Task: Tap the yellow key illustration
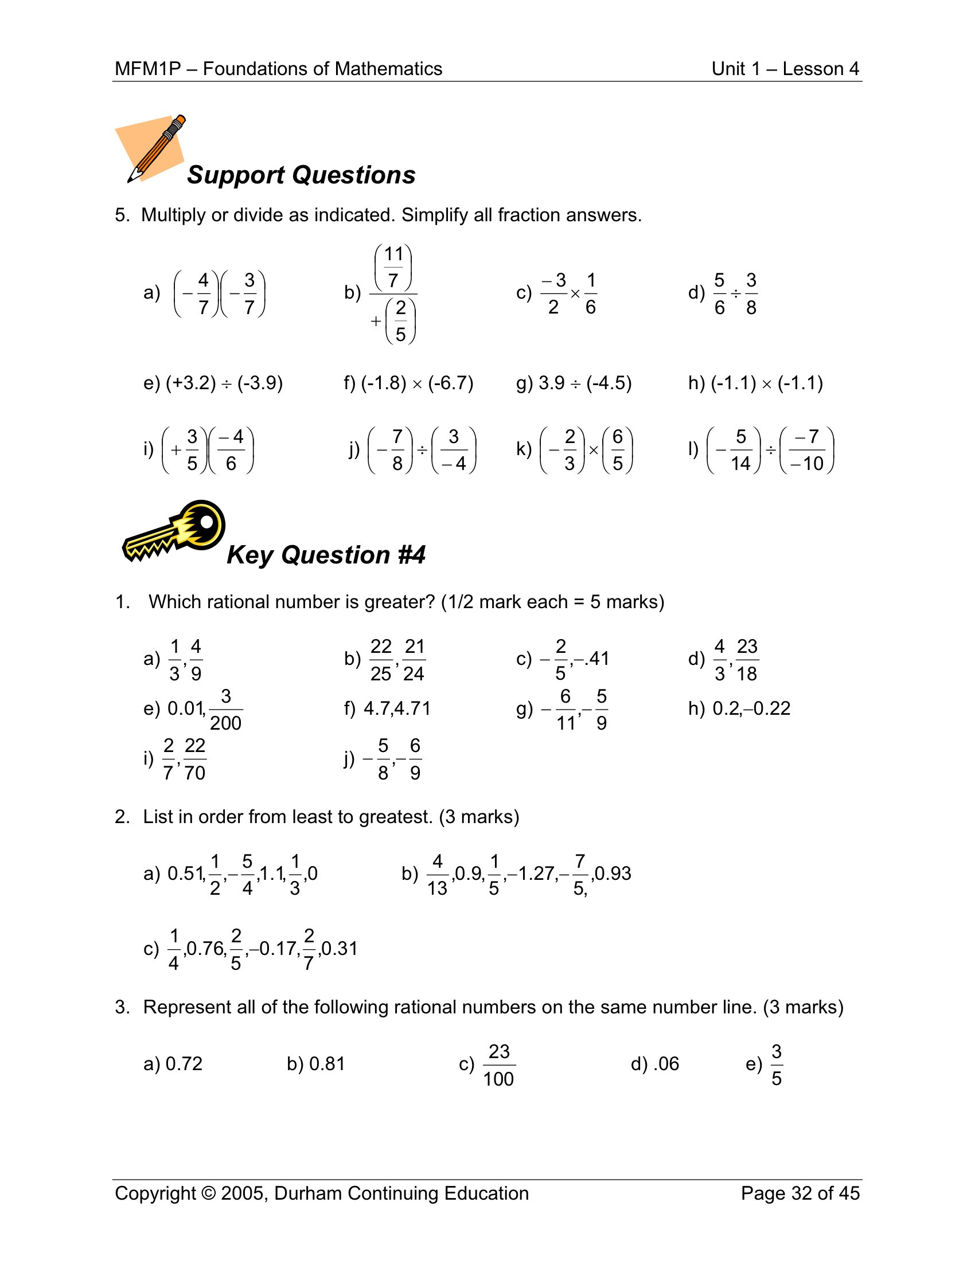174,531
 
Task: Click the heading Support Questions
301,175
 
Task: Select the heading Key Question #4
326,555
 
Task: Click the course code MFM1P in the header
148,69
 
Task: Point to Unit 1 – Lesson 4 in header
785,69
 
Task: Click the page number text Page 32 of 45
800,1193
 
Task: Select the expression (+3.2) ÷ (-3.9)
224,383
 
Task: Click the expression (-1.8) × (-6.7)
417,383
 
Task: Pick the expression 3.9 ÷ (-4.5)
585,383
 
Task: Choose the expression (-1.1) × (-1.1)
766,383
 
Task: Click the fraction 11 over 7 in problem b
393,267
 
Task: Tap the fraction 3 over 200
226,710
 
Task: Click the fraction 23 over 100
499,1065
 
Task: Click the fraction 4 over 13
437,874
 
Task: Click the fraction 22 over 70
194,759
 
